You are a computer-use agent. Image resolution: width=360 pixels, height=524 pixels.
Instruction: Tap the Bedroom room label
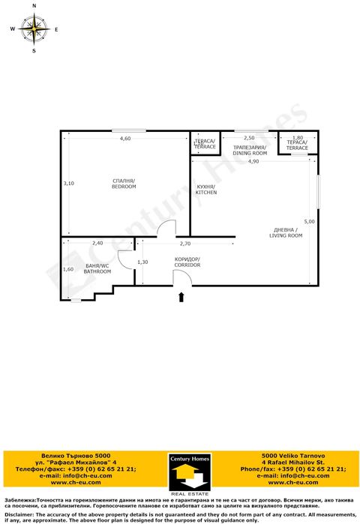tap(124, 184)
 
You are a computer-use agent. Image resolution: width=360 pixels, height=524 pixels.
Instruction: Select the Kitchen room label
tap(206, 190)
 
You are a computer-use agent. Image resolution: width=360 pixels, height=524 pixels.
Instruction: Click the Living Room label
tap(286, 232)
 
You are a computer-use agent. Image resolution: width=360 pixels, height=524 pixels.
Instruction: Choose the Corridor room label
tap(187, 262)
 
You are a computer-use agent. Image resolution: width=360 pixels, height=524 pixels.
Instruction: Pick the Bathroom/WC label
tap(97, 268)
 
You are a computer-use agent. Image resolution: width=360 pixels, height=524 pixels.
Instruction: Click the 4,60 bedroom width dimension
tap(125, 139)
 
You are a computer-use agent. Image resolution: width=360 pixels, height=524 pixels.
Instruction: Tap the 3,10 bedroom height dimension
tap(68, 184)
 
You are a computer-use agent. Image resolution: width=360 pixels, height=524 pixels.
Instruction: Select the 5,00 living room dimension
tap(310, 222)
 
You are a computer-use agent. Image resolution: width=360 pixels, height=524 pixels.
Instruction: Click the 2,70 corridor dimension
tap(185, 244)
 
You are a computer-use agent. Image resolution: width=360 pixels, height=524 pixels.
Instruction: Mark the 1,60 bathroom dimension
tap(68, 269)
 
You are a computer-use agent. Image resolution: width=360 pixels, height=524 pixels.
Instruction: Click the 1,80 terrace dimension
tap(297, 138)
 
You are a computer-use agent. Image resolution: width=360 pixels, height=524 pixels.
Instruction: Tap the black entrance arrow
tap(181, 298)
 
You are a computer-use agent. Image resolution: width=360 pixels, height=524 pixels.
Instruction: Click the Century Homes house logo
tap(187, 475)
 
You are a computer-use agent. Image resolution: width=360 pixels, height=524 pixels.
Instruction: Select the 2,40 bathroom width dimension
tap(97, 244)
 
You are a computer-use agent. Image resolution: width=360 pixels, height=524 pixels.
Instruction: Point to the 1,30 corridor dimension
tap(143, 262)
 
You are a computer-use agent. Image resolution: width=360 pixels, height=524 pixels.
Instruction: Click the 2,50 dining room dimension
tap(250, 138)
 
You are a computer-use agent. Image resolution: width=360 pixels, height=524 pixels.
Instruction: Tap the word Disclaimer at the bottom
tap(18, 515)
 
